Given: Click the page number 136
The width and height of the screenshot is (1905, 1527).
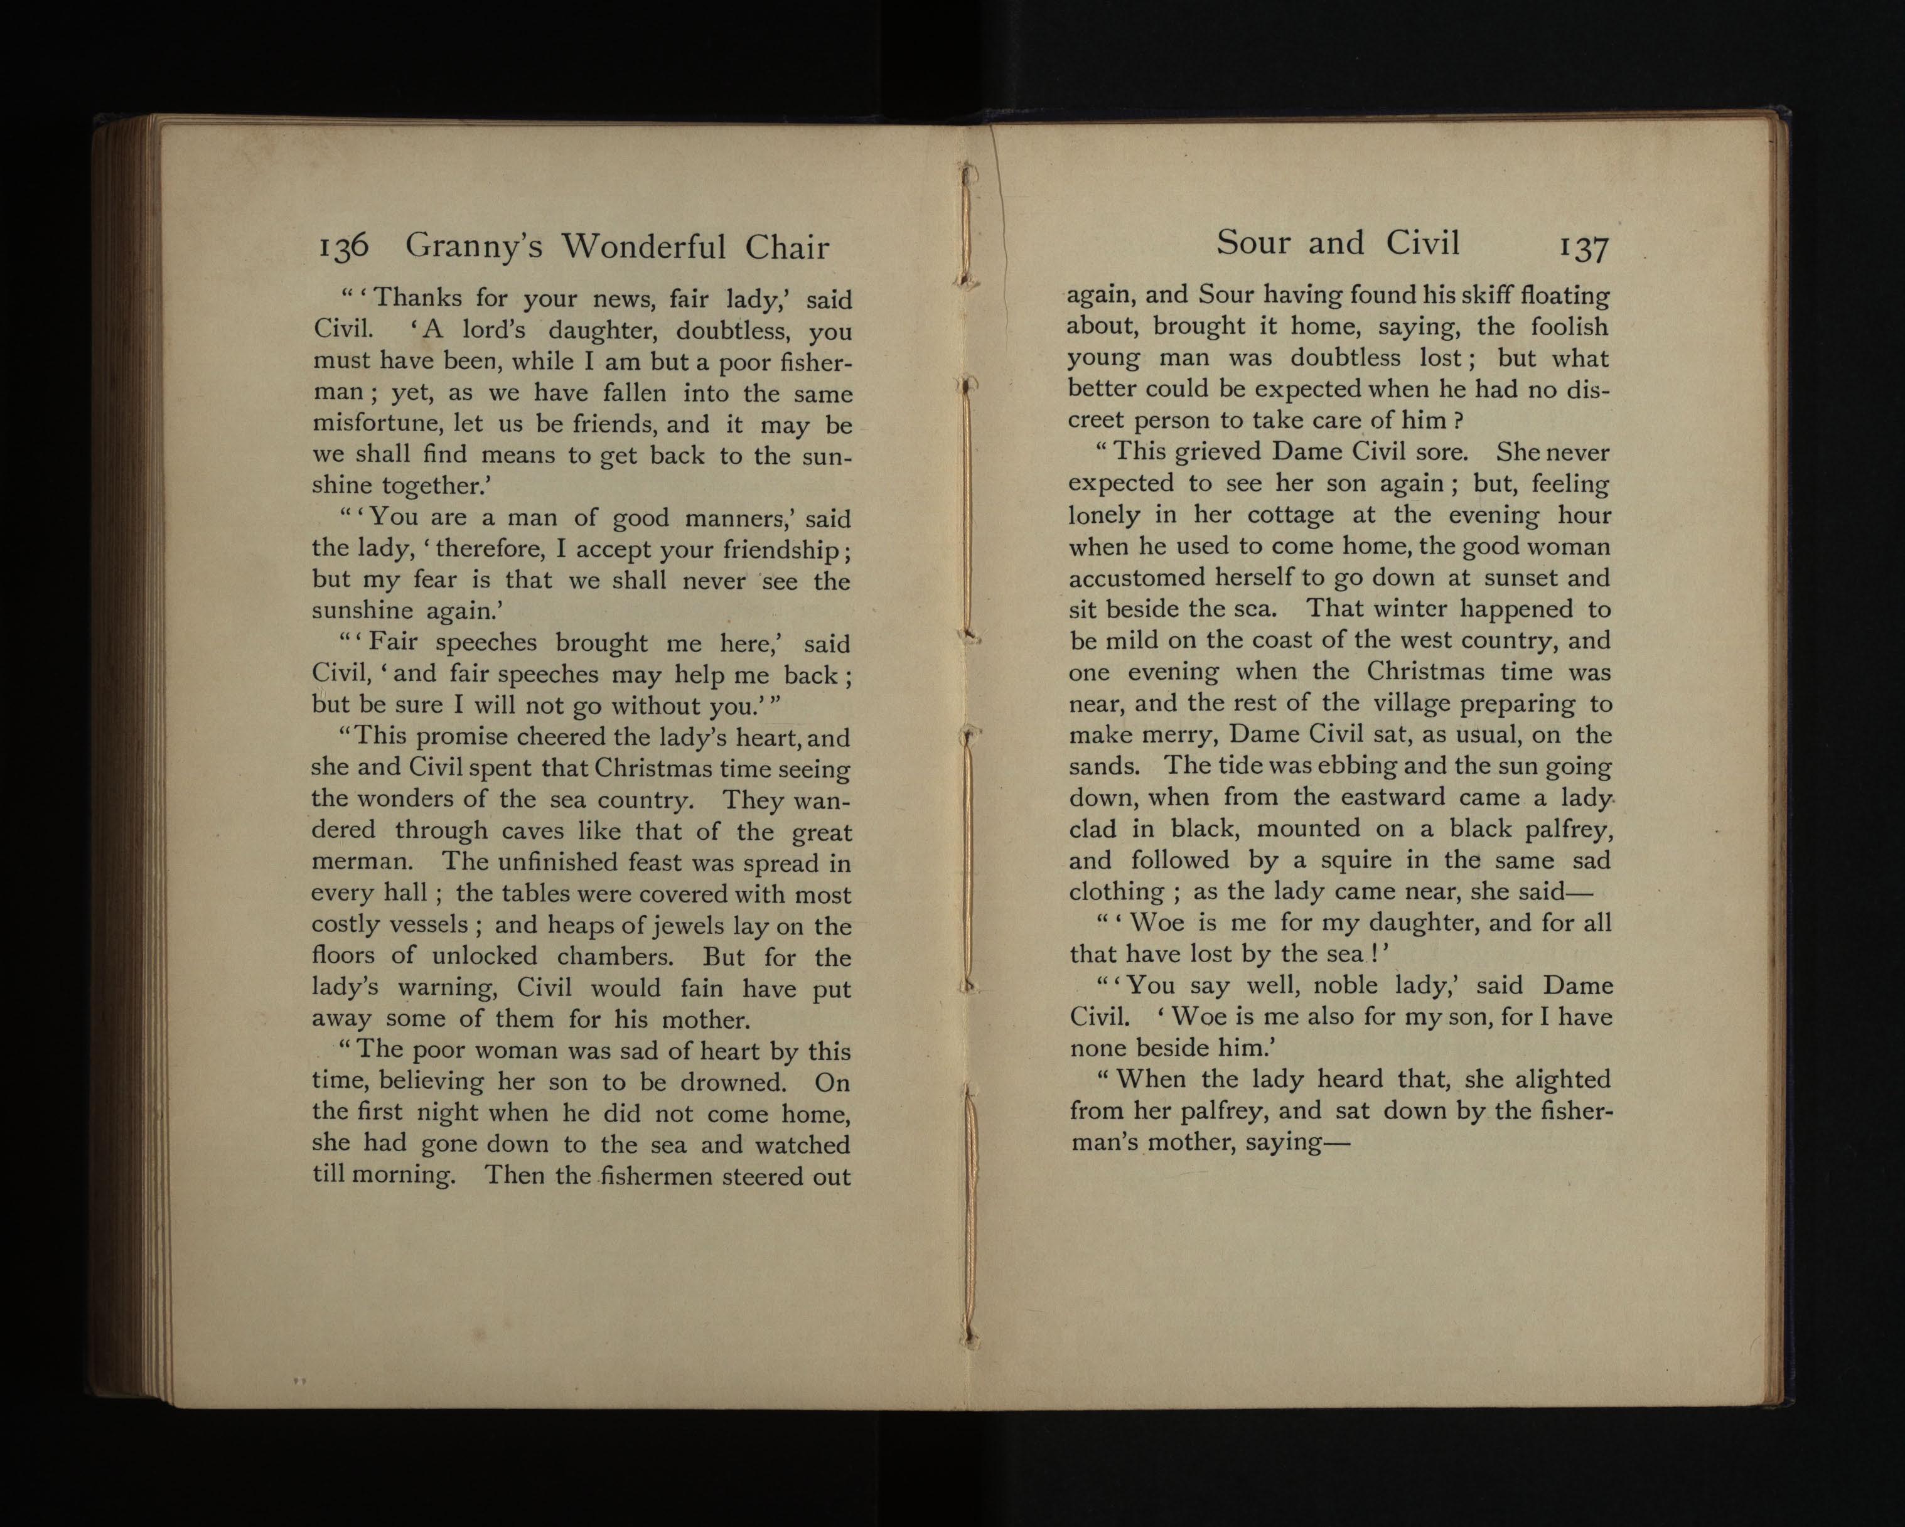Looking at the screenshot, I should pyautogui.click(x=343, y=247).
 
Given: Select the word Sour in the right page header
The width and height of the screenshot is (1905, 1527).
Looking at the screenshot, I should pyautogui.click(x=1253, y=242).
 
